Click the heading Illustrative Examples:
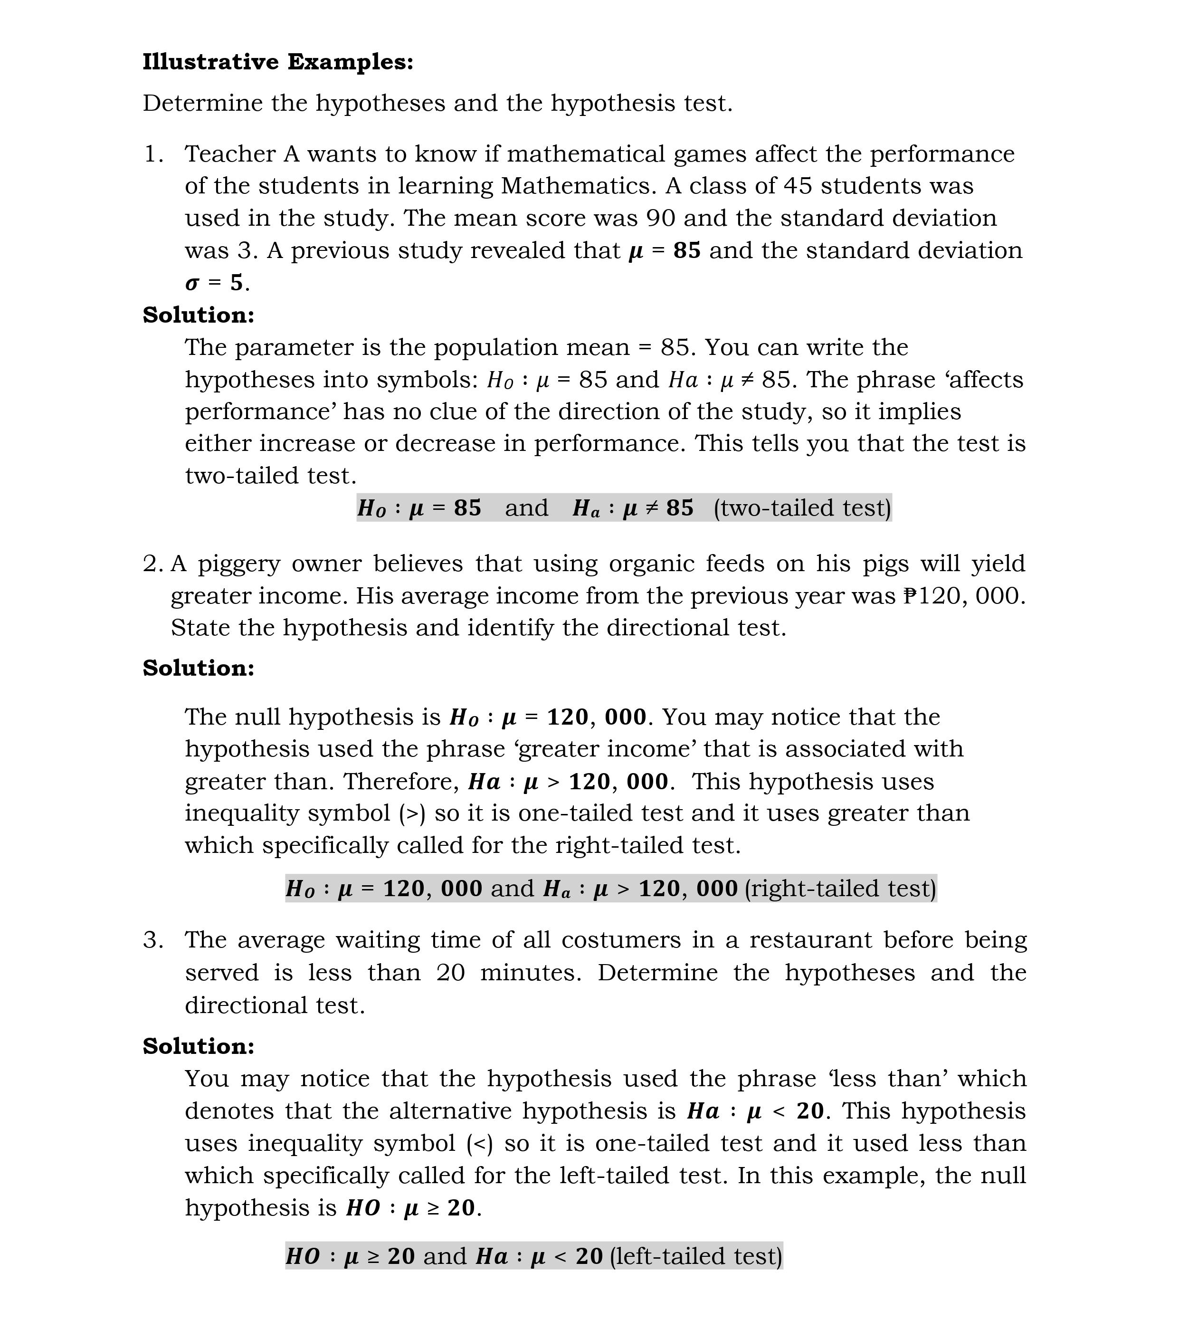coord(278,62)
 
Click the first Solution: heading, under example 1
coord(198,315)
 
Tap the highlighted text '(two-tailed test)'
coord(802,508)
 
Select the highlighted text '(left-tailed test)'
coord(696,1256)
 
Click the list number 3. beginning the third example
coord(153,940)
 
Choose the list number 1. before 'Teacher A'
coord(153,154)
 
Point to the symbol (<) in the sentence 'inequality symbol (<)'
coord(480,1144)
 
